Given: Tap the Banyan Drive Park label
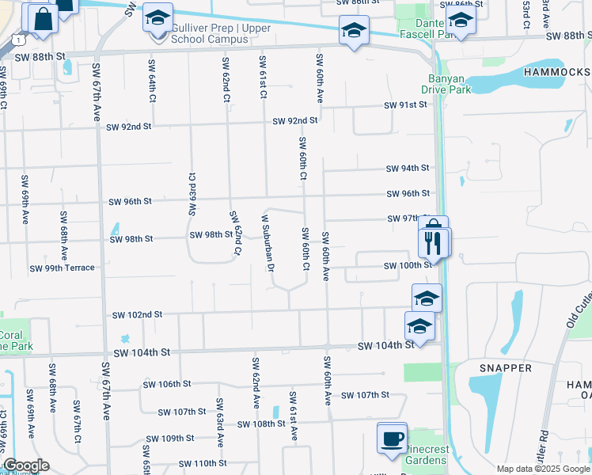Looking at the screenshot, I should click(x=450, y=83).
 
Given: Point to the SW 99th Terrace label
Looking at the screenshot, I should click(x=62, y=268).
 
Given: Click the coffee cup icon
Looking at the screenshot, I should click(x=392, y=438).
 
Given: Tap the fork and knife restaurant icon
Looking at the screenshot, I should click(x=433, y=241).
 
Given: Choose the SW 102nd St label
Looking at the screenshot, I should click(x=136, y=314).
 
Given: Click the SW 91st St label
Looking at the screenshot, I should click(x=405, y=105).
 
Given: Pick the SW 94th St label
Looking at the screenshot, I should click(x=407, y=168).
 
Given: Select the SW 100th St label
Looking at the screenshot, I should click(x=408, y=265).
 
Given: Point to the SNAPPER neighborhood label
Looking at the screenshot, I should click(x=505, y=367).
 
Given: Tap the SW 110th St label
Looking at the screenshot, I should click(x=203, y=463).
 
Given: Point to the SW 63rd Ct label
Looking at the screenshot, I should click(x=192, y=192).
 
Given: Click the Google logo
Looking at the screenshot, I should click(x=25, y=465).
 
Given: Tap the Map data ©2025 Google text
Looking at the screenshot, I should click(x=542, y=469).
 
